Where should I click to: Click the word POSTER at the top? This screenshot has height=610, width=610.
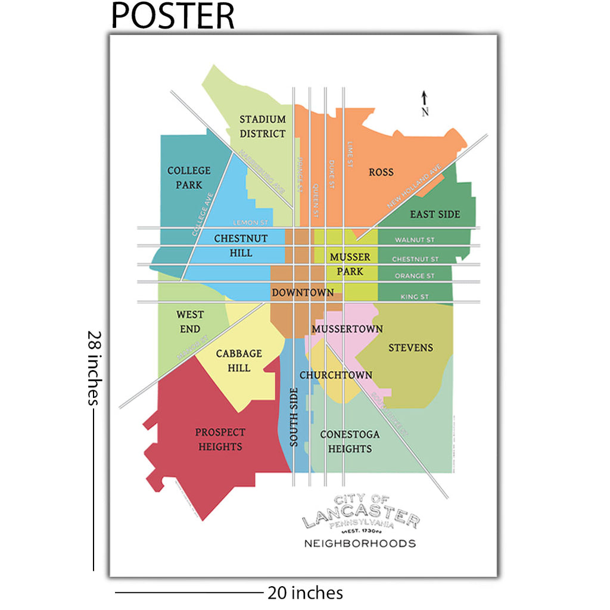pos(173,16)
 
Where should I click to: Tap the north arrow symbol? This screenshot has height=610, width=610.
pos(425,101)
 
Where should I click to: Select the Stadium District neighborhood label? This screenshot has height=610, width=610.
pos(263,126)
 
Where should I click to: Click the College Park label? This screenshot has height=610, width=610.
pos(189,178)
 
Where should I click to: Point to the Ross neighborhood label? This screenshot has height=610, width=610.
pos(381,172)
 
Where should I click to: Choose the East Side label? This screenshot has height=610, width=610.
pos(435,214)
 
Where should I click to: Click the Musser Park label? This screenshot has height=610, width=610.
pos(350,264)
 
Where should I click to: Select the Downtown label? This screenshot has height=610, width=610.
pos(303,292)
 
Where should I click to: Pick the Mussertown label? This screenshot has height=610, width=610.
pos(347,329)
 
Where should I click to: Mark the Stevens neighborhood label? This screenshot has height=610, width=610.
pos(410,347)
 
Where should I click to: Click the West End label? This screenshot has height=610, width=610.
pos(190,322)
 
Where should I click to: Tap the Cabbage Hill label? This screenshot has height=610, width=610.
pos(239,361)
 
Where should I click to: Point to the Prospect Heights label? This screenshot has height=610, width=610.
pos(220,439)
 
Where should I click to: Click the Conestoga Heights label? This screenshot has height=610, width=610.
pos(350,441)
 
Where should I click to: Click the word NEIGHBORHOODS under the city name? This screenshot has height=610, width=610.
pos(360,543)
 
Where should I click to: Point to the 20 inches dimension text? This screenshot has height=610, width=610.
pos(305,593)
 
